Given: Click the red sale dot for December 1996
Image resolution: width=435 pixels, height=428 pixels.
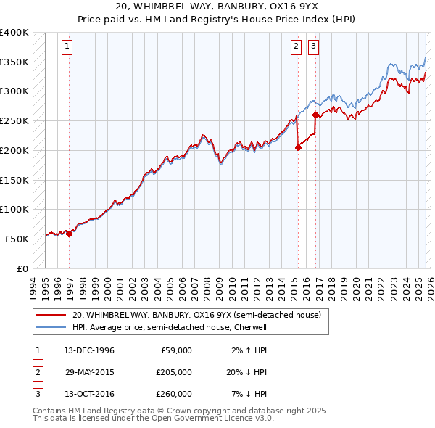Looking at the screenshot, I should coord(69,234).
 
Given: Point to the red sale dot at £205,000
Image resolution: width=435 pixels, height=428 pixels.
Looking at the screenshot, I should coord(298,147).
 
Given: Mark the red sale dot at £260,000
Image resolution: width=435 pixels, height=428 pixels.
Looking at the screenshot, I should coord(315,115).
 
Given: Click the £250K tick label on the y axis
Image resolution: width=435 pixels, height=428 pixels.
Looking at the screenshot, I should coord(14,120).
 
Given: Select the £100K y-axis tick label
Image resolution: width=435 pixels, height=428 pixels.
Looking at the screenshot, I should coord(14,209).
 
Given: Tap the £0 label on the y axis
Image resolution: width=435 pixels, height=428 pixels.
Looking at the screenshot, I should coord(22,268).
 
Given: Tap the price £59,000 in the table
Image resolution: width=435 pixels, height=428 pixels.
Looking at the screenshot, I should coord(174,350).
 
